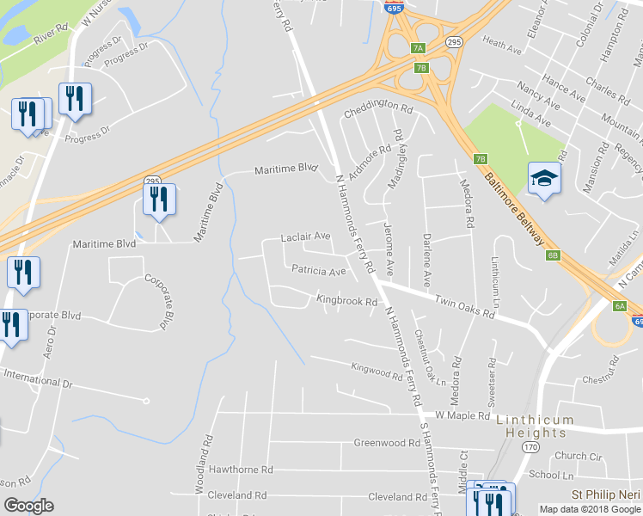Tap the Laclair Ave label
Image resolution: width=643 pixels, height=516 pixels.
pyautogui.click(x=305, y=236)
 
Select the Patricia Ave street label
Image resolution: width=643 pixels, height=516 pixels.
pyautogui.click(x=318, y=271)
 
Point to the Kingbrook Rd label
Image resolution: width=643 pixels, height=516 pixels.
pyautogui.click(x=346, y=302)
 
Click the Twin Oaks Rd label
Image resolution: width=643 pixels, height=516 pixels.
pyautogui.click(x=464, y=308)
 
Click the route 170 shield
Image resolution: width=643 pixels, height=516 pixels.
pyautogui.click(x=530, y=448)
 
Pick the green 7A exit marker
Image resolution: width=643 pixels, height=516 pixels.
pyautogui.click(x=418, y=48)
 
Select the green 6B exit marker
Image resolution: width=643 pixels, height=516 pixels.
pyautogui.click(x=553, y=255)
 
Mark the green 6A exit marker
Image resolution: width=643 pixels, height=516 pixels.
pyautogui.click(x=619, y=306)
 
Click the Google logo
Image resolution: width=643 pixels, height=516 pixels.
pyautogui.click(x=28, y=506)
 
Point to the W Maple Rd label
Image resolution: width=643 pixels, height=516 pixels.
pyautogui.click(x=462, y=415)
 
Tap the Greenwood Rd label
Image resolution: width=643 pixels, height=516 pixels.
pyautogui.click(x=386, y=444)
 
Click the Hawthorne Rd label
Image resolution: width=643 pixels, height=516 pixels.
pyautogui.click(x=240, y=470)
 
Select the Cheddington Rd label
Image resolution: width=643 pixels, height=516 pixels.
pyautogui.click(x=378, y=111)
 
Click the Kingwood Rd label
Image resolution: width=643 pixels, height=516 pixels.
pyautogui.click(x=377, y=372)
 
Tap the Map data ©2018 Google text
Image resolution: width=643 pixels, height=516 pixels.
pyautogui.click(x=589, y=509)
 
